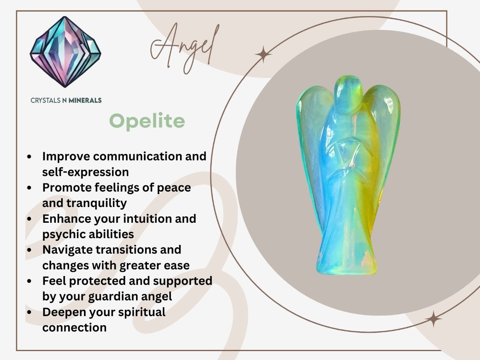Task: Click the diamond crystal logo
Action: click(x=65, y=52)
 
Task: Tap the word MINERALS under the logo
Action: click(x=85, y=100)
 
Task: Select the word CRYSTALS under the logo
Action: click(x=45, y=100)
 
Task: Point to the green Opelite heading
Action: click(x=147, y=121)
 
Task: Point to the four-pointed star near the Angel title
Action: click(x=263, y=54)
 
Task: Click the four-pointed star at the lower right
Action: click(x=433, y=319)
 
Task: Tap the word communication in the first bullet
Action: click(x=137, y=156)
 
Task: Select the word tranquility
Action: click(x=97, y=203)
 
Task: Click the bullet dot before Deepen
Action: click(x=29, y=312)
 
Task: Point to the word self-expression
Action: click(x=85, y=172)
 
